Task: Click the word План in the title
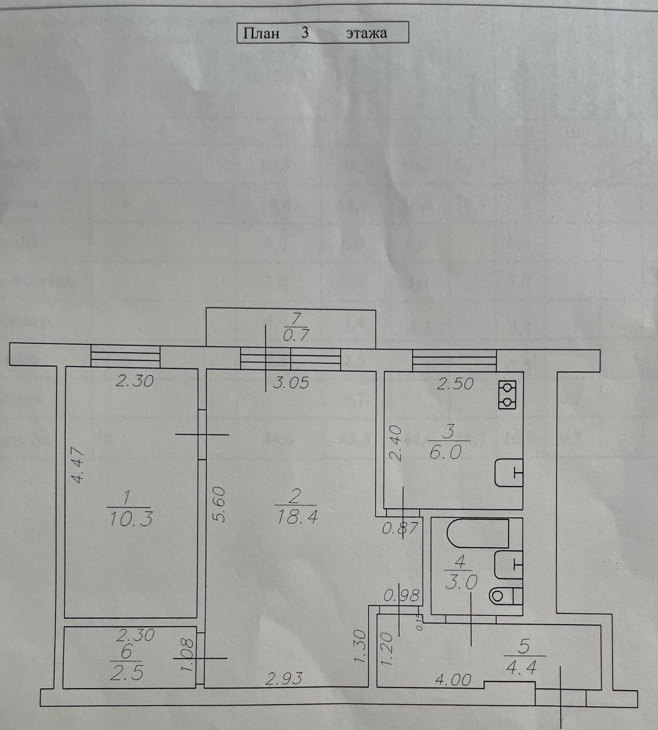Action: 261,34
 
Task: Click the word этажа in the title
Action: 366,34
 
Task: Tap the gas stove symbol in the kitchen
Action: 507,395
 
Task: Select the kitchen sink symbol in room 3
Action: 508,473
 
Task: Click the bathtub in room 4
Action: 479,533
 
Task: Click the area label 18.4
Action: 297,517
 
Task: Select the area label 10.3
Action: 131,519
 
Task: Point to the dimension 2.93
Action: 283,679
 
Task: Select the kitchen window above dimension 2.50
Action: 454,360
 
